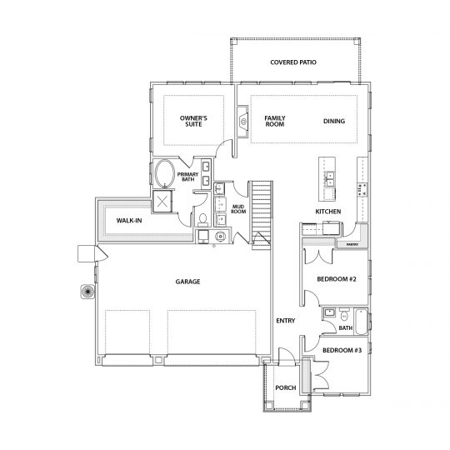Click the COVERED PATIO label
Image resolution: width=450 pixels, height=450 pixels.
click(x=293, y=62)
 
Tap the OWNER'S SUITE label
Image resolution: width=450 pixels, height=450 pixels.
click(x=193, y=121)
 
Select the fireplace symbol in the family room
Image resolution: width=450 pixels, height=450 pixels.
click(x=242, y=122)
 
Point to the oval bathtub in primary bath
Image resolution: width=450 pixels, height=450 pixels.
click(x=165, y=173)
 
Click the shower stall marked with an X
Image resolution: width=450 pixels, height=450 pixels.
click(x=162, y=201)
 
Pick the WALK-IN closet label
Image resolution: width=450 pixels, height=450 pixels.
click(x=129, y=220)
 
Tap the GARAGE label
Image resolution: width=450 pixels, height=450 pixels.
click(x=188, y=282)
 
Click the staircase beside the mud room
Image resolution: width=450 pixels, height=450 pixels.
click(x=262, y=215)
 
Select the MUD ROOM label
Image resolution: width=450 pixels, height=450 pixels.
click(x=239, y=209)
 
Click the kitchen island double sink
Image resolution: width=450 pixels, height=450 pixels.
click(x=329, y=179)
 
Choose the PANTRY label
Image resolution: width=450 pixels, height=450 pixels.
click(x=352, y=244)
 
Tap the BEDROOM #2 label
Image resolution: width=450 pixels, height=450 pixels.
click(x=337, y=279)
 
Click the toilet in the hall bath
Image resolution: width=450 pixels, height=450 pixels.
click(x=344, y=315)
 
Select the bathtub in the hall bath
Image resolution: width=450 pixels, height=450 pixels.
click(x=361, y=322)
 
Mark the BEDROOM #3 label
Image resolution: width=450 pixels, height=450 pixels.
click(x=342, y=350)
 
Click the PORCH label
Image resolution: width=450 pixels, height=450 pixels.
click(x=286, y=387)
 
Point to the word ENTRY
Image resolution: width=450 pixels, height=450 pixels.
click(x=286, y=321)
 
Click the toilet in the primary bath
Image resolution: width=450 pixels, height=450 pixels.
click(x=202, y=219)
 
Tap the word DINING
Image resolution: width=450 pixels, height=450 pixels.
click(x=334, y=121)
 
